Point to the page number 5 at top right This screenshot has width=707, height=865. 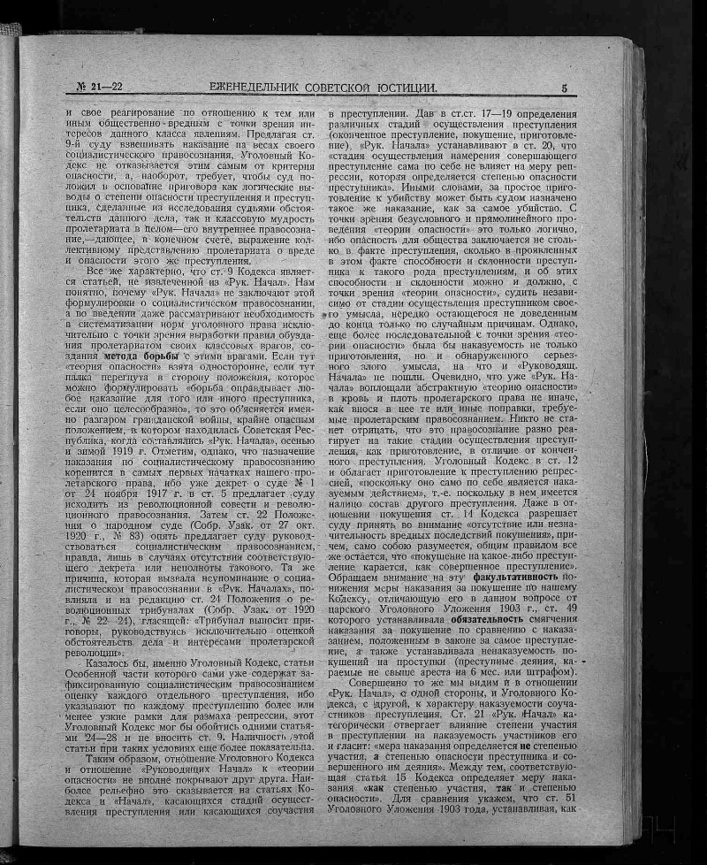564,87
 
